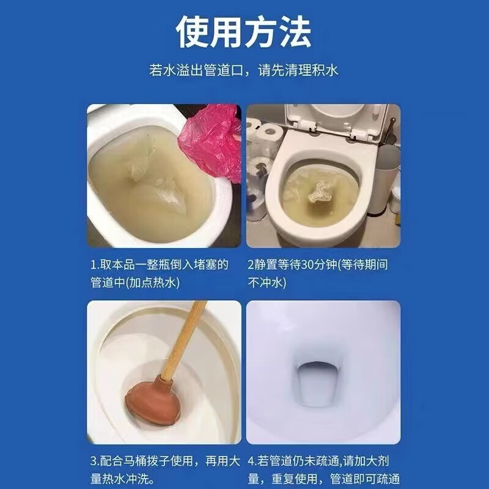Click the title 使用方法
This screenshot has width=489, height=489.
coord(244,32)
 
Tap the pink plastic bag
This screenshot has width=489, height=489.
coord(211,141)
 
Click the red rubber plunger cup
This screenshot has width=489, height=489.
coord(150,404)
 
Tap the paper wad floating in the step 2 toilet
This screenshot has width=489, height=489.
coord(320,195)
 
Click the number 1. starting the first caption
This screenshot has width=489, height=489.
coord(94,265)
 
